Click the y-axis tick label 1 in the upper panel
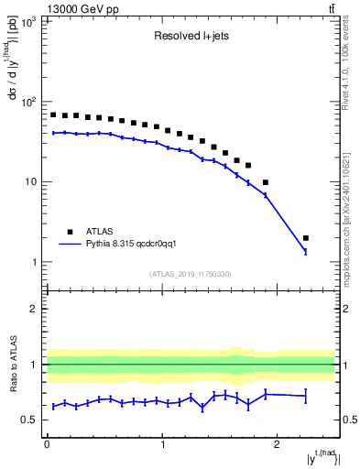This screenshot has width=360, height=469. pos(36,262)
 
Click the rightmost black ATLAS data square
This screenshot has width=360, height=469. pos(305,238)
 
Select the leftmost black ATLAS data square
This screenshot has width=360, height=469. pos(53,115)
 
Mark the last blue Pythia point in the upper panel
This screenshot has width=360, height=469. pos(305,251)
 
